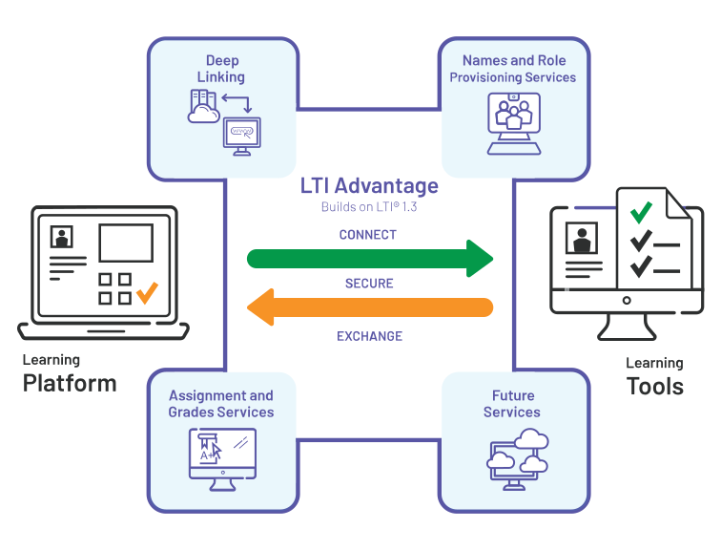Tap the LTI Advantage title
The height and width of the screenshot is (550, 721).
369,185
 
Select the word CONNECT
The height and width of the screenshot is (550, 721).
368,235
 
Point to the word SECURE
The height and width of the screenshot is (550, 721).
369,284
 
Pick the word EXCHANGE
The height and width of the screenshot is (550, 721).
369,336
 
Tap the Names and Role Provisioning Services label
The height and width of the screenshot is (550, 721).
513,69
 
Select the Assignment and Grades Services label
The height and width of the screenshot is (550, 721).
221,404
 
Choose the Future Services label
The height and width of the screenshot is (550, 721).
512,404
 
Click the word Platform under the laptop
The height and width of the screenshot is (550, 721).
70,384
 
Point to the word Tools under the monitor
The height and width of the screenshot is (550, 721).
655,386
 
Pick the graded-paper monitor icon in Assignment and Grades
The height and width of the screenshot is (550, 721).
221,457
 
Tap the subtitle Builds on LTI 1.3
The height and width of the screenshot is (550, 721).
368,207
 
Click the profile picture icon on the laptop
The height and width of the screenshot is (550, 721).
63,237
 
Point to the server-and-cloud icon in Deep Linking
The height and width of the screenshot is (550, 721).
203,106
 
